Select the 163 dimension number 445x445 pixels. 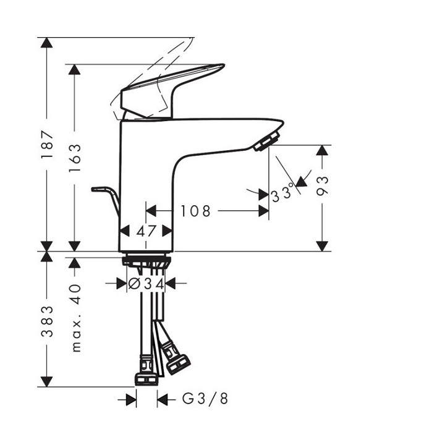(x=75, y=158)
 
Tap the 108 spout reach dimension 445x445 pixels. (x=195, y=211)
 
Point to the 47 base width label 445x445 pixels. (x=146, y=231)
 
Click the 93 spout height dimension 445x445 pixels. (x=322, y=185)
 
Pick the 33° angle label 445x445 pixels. (x=284, y=195)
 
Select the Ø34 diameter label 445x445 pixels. (x=145, y=284)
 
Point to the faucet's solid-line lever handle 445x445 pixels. (x=173, y=87)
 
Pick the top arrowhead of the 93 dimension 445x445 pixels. (x=322, y=152)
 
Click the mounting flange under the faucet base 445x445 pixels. (x=146, y=258)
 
